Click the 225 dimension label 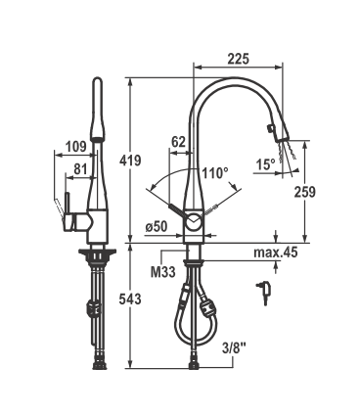[239, 59]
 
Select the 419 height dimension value [130, 161]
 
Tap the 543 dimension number [130, 300]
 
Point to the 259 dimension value [305, 192]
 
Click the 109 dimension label [76, 147]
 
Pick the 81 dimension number [80, 169]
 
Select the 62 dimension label [179, 142]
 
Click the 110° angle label [214, 173]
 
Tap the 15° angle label [265, 164]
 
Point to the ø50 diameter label [157, 226]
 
